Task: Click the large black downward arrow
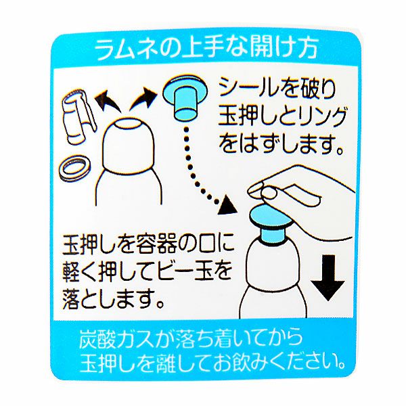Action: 328,277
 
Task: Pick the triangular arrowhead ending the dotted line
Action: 227,205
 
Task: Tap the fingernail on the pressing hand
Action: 269,194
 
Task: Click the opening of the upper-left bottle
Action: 129,125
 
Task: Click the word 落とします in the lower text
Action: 113,300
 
